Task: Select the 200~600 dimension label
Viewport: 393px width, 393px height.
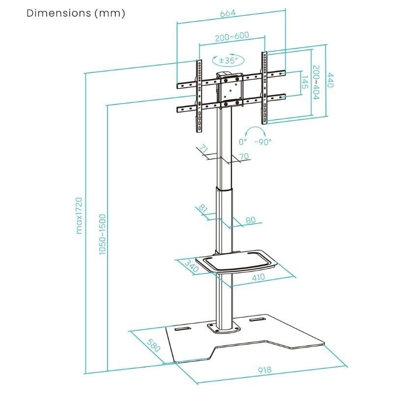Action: (231, 37)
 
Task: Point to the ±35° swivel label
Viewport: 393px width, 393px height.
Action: (227, 60)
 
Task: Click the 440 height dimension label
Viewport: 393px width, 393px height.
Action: (331, 80)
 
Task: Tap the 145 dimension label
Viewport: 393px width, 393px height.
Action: (305, 82)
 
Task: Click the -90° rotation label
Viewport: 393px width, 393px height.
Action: (263, 141)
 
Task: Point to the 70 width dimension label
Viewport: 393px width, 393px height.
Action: (244, 156)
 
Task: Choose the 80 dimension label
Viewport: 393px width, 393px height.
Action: (251, 220)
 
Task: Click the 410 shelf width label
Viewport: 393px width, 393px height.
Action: (258, 277)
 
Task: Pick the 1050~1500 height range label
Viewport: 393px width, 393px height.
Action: (102, 234)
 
